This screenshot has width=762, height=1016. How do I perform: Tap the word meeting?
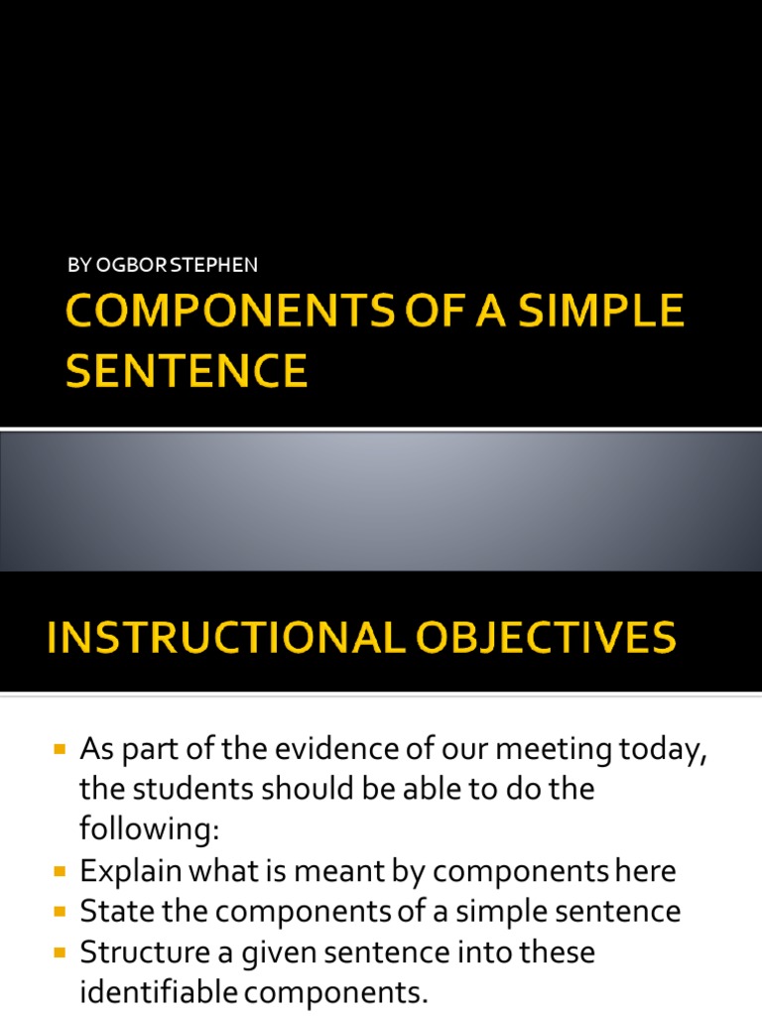[536, 751]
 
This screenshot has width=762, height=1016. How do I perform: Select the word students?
[190, 791]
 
